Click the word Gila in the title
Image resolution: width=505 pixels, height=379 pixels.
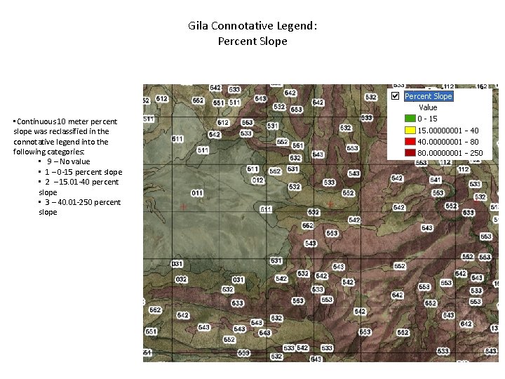(198, 26)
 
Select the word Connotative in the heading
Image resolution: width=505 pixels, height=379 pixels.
(243, 26)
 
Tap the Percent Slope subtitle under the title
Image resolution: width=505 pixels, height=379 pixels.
(252, 41)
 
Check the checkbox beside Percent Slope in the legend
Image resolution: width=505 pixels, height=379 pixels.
(395, 96)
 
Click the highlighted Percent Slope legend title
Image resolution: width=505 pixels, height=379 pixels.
(429, 96)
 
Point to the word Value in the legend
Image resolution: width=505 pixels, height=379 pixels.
(428, 107)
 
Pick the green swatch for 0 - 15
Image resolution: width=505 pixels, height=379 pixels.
(410, 119)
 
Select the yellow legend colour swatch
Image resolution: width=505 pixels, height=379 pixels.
(410, 130)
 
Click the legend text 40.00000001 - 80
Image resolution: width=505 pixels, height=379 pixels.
(448, 141)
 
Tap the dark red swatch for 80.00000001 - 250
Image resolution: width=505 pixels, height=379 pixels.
(410, 152)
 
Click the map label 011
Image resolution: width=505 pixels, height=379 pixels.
(197, 193)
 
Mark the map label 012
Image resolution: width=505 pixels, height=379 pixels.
(257, 180)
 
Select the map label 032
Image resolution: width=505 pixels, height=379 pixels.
(181, 279)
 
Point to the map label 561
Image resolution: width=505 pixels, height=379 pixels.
(298, 146)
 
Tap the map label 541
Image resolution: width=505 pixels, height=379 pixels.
(436, 180)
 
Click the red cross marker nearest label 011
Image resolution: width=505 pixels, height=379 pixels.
(184, 207)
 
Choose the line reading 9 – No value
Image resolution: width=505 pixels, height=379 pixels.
(69, 161)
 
